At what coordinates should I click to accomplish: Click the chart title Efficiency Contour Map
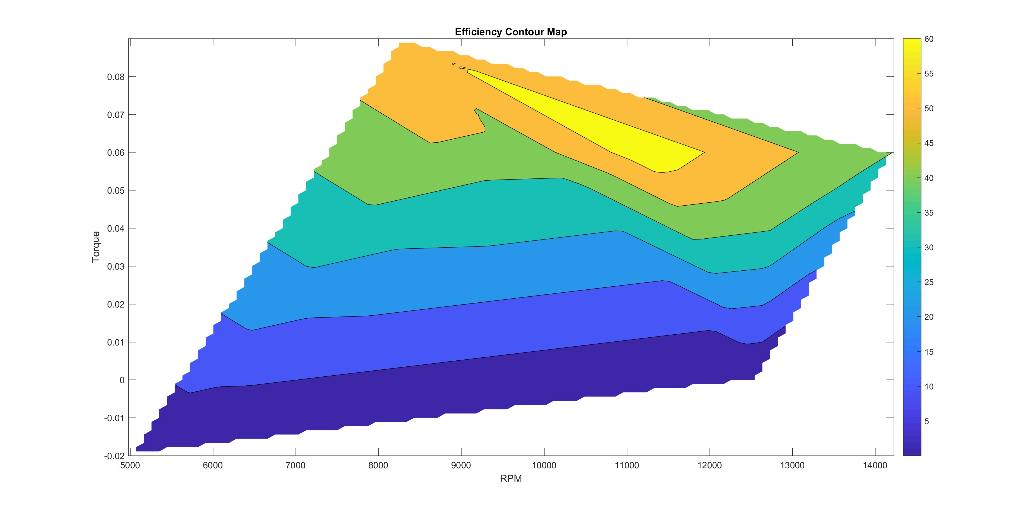pos(511,32)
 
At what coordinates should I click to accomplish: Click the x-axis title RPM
pos(511,478)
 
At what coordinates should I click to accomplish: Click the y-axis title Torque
pos(95,247)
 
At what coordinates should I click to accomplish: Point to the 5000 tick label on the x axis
pos(130,465)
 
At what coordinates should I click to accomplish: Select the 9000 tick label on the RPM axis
pos(461,465)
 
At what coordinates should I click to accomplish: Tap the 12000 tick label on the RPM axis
pos(709,465)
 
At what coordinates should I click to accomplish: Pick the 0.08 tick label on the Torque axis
pos(116,77)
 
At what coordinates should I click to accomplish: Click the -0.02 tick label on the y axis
pos(114,456)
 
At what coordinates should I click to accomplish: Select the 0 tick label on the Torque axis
pos(122,380)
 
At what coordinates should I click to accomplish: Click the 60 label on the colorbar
pos(929,39)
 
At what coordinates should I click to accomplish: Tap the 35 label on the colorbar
pos(929,213)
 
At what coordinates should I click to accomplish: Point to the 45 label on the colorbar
pos(929,143)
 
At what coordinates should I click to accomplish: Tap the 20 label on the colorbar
pos(929,317)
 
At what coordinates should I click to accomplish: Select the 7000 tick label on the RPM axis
pos(295,465)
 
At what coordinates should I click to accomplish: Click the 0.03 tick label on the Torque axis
pos(116,267)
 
